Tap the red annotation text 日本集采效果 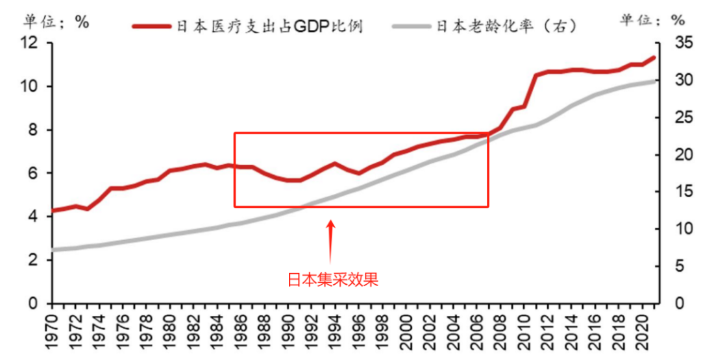pos(333,280)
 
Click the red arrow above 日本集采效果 pos(331,240)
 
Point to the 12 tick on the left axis pos(31,43)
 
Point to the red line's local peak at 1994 pos(334,163)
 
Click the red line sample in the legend pos(153,26)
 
